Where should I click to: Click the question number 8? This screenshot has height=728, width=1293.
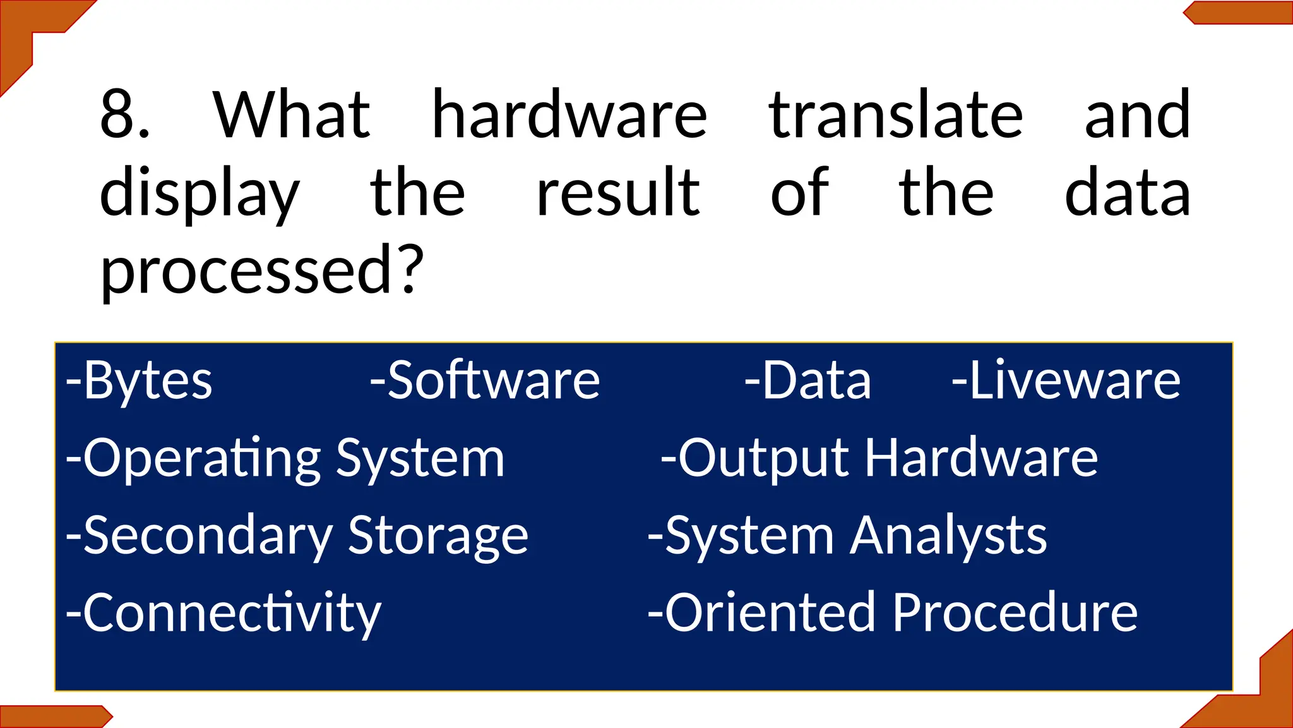coord(124,115)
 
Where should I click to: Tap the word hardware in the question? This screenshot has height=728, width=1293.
coord(569,115)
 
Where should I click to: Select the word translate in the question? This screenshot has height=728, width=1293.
coord(895,115)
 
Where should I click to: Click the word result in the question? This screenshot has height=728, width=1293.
coord(617,193)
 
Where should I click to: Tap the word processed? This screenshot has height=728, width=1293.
coord(247,270)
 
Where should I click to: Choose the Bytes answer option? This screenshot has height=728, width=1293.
coord(140,381)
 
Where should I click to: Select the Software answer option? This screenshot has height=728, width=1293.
coord(485,381)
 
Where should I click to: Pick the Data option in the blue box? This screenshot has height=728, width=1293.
coord(807,381)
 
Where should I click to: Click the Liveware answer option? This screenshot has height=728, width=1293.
coord(1066,381)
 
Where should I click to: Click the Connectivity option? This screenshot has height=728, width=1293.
coord(224,614)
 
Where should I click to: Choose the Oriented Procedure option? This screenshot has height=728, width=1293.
coord(893,614)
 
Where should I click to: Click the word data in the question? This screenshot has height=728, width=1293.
coord(1127,193)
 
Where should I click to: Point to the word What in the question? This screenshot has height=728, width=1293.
coord(292,115)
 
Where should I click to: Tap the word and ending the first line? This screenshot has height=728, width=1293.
coord(1137,115)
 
